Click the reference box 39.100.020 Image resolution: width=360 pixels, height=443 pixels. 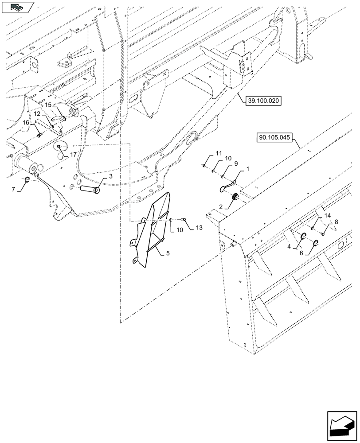tap(262, 101)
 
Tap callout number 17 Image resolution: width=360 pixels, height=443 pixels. tap(73, 155)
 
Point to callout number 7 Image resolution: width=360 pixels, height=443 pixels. tap(13, 190)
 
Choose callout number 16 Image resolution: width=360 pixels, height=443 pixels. tap(26, 122)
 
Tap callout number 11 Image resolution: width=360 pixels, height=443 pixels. tap(218, 153)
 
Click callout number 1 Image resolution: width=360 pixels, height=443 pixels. tap(247, 169)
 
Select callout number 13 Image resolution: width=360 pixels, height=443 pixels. tap(198, 228)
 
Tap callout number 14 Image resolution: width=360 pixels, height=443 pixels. tap(328, 215)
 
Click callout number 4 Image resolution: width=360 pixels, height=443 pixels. tap(289, 246)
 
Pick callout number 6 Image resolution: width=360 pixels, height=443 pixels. tap(301, 253)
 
